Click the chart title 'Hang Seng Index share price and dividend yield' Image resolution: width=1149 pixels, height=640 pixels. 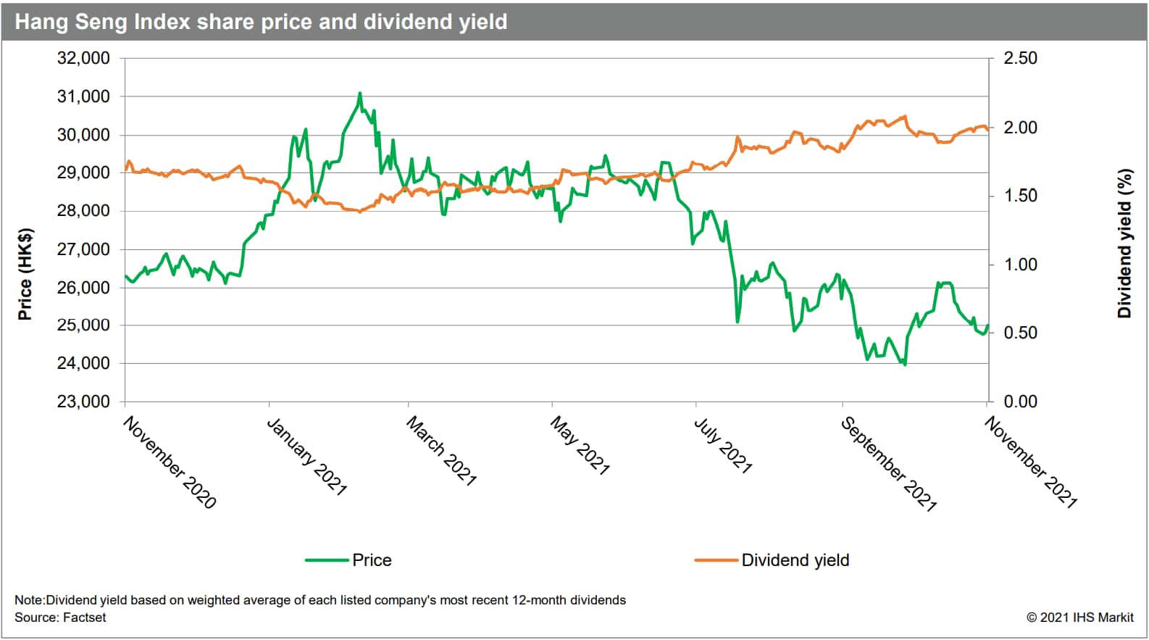[261, 22]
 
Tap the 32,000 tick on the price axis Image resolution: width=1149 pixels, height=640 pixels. [83, 58]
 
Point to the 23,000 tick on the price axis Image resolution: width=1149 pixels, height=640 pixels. [83, 402]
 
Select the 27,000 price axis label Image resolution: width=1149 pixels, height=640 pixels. [83, 249]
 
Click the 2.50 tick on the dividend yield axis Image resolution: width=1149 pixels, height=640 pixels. [1020, 58]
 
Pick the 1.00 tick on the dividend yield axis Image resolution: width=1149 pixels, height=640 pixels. [1020, 265]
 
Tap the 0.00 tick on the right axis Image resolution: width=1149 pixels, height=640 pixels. [1020, 402]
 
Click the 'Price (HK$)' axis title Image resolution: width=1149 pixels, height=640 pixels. [25, 274]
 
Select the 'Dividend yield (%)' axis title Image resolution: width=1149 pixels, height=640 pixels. [1124, 244]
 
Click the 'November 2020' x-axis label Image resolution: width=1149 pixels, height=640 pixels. [170, 462]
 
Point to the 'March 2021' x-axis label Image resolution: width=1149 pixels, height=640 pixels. [441, 451]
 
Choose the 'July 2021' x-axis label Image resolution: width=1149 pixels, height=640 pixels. [723, 446]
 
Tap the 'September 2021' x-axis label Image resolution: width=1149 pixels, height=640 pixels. [889, 464]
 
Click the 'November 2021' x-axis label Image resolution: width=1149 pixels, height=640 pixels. [1031, 462]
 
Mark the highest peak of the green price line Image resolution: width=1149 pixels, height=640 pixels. [359, 93]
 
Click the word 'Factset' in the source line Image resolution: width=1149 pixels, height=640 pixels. [84, 618]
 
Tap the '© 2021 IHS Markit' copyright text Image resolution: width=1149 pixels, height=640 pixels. [1079, 618]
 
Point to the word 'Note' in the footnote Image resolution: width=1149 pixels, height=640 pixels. [29, 600]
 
